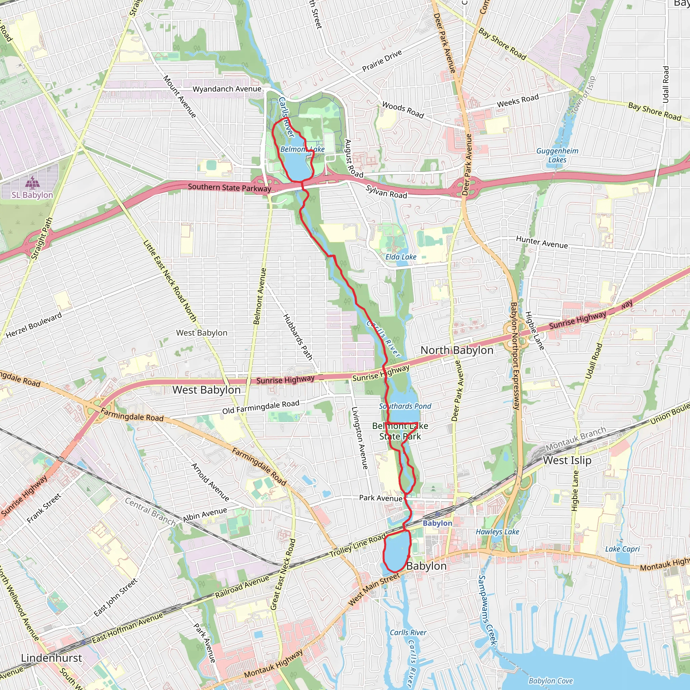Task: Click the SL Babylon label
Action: [32, 195]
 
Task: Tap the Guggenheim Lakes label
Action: [557, 155]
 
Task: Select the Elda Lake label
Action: [401, 257]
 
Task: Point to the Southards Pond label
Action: [405, 406]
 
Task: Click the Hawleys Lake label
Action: [497, 532]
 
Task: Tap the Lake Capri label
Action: [622, 549]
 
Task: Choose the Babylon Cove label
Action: [551, 681]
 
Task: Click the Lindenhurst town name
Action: [52, 658]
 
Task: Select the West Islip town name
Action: [567, 460]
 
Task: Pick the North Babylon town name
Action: [457, 350]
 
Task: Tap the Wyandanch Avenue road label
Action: [227, 89]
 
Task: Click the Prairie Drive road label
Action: [382, 61]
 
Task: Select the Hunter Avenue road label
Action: [541, 242]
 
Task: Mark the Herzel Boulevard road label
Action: [34, 325]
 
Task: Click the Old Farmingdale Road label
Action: [261, 407]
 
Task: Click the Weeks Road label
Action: [517, 101]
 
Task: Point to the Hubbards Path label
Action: [297, 337]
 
